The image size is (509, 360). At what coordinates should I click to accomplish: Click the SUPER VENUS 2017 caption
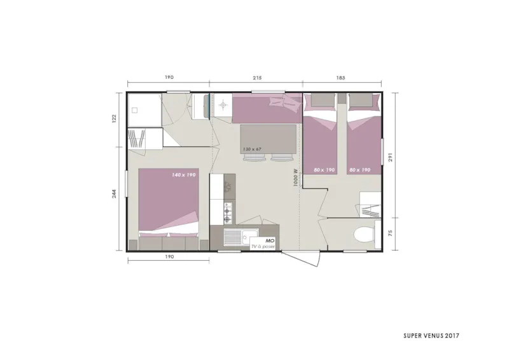tap(431, 335)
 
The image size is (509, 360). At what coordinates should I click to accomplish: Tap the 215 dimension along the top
tap(256, 78)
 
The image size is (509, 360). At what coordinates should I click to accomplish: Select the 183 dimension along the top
tap(341, 78)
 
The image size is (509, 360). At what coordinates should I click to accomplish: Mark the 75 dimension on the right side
tap(400, 233)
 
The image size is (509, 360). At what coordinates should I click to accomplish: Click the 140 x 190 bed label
tap(184, 174)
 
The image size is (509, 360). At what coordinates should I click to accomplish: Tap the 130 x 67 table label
tap(252, 149)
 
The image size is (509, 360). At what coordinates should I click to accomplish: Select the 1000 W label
tap(295, 176)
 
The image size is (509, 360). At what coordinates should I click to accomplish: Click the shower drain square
tap(135, 109)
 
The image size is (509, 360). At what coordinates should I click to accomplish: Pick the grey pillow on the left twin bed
tap(323, 100)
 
